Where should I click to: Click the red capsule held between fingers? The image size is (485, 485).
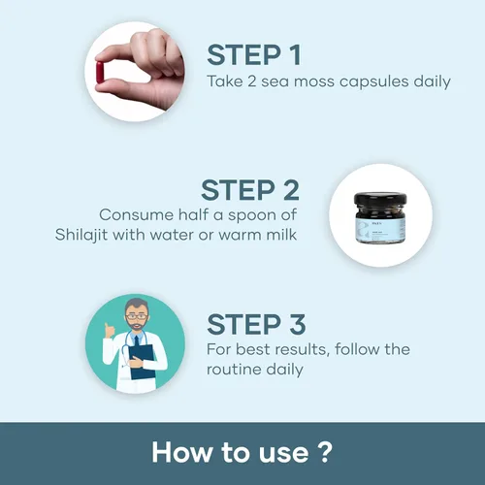pyautogui.click(x=100, y=73)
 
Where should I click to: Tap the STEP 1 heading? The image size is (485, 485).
pyautogui.click(x=254, y=55)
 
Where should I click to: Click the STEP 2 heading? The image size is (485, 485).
pyautogui.click(x=250, y=190)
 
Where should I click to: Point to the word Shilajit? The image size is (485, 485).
pyautogui.click(x=81, y=235)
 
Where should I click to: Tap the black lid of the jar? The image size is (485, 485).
pyautogui.click(x=380, y=199)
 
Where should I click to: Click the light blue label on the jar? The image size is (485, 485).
pyautogui.click(x=380, y=231)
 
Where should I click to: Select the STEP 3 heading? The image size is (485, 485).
pyautogui.click(x=256, y=324)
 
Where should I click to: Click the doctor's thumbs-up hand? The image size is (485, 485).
pyautogui.click(x=110, y=332)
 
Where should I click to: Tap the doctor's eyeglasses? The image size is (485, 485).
pyautogui.click(x=137, y=317)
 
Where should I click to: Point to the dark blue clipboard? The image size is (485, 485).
pyautogui.click(x=142, y=362)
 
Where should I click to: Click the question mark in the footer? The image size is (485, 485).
pyautogui.click(x=324, y=452)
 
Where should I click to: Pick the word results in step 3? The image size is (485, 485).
pyautogui.click(x=299, y=349)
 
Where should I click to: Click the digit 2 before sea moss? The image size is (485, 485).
pyautogui.click(x=252, y=81)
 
